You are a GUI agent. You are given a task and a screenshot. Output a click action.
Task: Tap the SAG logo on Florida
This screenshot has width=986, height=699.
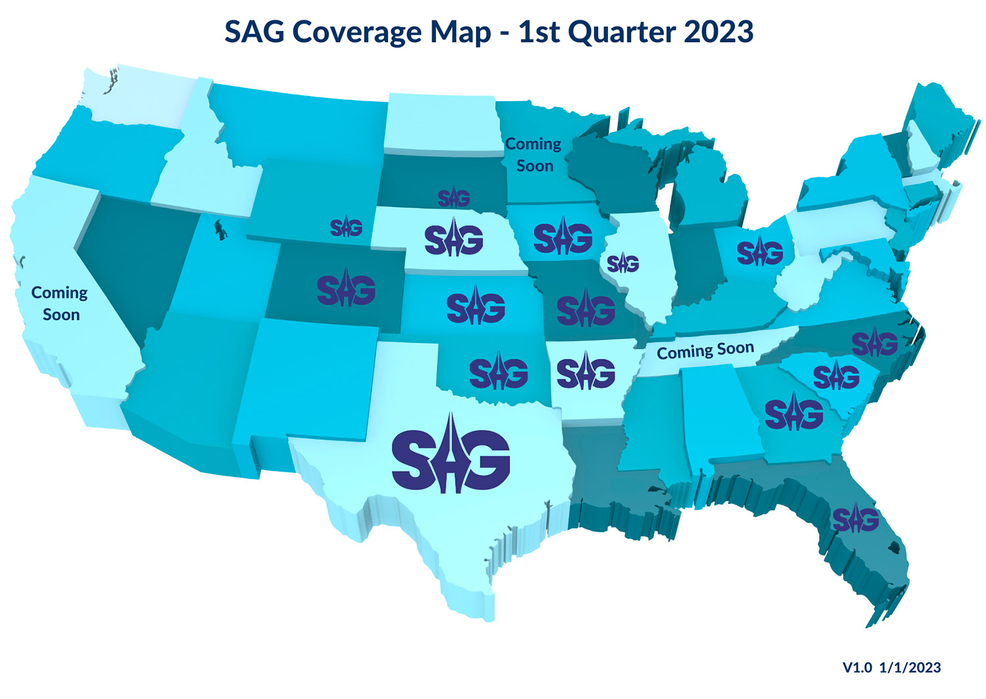click(855, 519)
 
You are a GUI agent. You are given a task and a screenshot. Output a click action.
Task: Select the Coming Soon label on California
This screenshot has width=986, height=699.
click(60, 303)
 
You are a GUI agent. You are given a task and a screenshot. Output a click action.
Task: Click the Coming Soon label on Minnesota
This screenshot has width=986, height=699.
click(533, 155)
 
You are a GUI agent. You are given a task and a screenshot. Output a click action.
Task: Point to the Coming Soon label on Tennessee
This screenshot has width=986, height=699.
click(705, 350)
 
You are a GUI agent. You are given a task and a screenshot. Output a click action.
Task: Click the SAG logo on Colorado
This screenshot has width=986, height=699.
click(346, 289)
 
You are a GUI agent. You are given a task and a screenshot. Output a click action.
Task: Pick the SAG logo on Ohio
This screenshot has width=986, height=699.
click(760, 252)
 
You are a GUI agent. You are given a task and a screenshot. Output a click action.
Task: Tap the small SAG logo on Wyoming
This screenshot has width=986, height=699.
click(346, 227)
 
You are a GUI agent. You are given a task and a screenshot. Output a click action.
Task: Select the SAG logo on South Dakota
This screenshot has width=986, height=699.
click(454, 198)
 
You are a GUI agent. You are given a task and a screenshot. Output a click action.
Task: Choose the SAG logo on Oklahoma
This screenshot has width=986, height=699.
click(498, 372)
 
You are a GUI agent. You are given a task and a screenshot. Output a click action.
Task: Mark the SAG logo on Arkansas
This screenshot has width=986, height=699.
click(586, 372)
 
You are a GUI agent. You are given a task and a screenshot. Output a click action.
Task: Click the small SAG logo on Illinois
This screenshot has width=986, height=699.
click(622, 263)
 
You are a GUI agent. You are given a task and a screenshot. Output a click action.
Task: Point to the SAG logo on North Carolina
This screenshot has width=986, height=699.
click(874, 343)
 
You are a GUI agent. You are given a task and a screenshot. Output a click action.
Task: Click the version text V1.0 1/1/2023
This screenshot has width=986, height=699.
click(891, 667)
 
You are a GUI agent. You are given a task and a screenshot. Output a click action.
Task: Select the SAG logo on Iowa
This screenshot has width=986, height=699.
click(563, 238)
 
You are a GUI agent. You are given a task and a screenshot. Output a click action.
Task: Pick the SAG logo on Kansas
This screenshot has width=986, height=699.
click(475, 307)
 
